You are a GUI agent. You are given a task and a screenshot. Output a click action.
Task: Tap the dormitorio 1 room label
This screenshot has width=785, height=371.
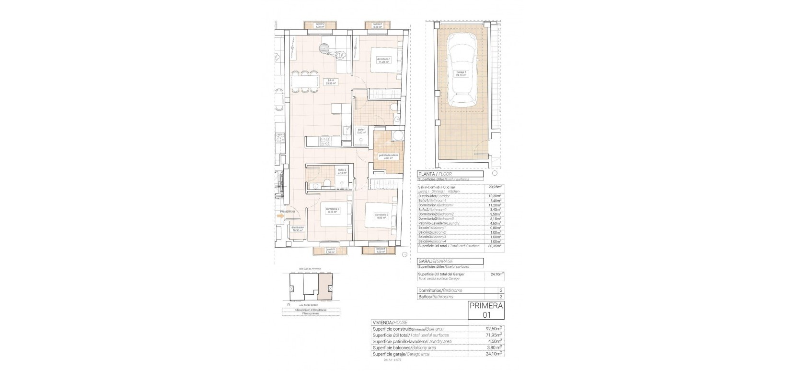383,60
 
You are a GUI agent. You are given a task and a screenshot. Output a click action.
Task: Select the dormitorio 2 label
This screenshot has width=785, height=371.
381,215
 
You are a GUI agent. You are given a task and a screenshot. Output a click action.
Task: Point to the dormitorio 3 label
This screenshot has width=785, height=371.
332,210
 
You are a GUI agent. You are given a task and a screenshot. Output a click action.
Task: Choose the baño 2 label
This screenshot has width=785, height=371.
342,170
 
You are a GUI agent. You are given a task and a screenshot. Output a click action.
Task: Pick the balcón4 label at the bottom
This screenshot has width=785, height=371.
381,250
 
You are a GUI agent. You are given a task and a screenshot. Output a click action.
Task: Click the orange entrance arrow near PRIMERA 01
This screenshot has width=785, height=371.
280,216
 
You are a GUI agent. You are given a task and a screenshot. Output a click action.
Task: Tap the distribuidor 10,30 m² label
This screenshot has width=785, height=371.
297,229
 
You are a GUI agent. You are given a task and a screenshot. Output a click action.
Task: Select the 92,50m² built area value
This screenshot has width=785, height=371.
494,329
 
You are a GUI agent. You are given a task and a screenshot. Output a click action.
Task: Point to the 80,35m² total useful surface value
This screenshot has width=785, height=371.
495,246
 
